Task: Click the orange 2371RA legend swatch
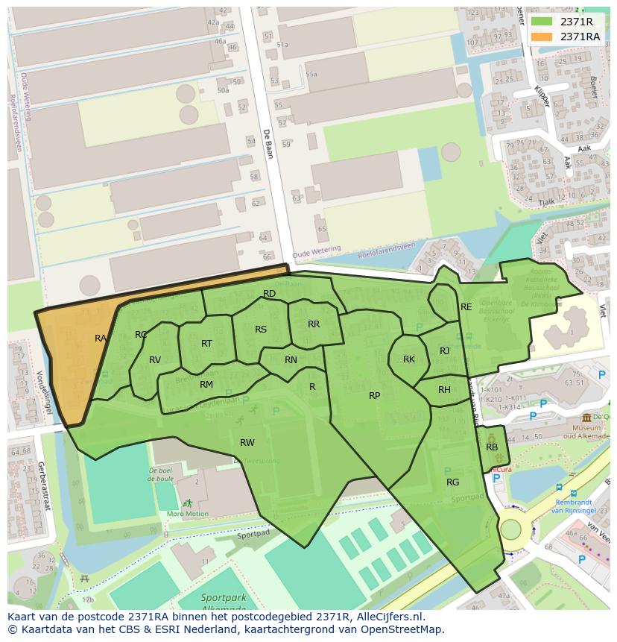(x=542, y=37)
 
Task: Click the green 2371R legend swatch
(x=542, y=22)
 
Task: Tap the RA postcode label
(x=101, y=339)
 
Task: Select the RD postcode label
(x=270, y=294)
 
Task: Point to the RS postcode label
(x=261, y=330)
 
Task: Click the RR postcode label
(x=314, y=324)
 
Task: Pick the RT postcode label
(x=206, y=344)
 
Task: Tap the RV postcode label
(x=155, y=360)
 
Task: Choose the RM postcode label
(x=206, y=385)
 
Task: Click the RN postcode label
(x=291, y=360)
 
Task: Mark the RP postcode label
(x=375, y=396)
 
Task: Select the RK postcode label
(x=409, y=359)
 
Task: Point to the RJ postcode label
(x=444, y=351)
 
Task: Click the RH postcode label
(x=444, y=390)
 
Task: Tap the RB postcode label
(x=492, y=447)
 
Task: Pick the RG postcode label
(x=452, y=482)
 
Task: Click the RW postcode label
(x=247, y=443)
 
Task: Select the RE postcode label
(x=466, y=307)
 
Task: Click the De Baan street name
(x=267, y=144)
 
